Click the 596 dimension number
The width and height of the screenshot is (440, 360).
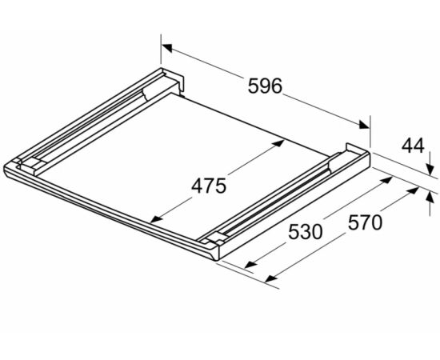click(264, 86)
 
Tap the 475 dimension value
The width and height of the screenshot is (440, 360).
click(209, 186)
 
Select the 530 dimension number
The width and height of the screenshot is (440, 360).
click(306, 232)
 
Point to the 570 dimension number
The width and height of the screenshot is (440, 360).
click(365, 222)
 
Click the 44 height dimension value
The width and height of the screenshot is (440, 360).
click(413, 146)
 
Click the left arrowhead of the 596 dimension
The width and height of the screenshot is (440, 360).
click(167, 48)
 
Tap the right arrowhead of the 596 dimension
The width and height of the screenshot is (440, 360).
click(364, 124)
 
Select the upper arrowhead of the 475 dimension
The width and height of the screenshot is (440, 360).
click(278, 143)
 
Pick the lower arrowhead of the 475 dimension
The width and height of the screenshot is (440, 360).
click(156, 219)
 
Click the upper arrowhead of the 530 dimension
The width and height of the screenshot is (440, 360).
click(386, 180)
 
